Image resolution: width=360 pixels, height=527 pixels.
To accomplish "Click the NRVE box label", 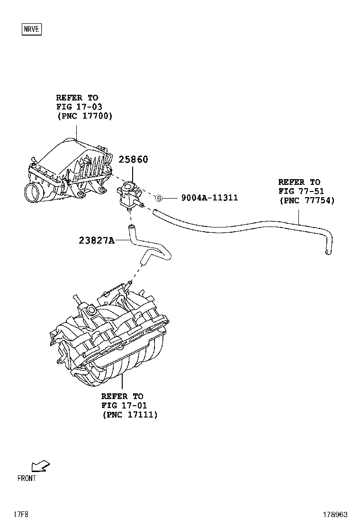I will [32, 29].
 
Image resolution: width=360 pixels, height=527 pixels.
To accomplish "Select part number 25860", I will [133, 160].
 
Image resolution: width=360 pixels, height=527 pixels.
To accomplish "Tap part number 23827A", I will [97, 240].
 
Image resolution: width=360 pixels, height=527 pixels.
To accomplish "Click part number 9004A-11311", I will [209, 198].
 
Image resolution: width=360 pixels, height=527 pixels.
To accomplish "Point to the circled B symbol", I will [160, 198].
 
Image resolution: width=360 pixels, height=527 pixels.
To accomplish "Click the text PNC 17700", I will [85, 116].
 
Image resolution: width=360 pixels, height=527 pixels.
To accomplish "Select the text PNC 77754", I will [307, 200].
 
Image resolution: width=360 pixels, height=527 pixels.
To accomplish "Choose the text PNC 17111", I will [130, 415].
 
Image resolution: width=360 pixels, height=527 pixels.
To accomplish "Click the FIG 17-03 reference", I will [79, 107].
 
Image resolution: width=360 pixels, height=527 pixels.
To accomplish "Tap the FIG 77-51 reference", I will [301, 191].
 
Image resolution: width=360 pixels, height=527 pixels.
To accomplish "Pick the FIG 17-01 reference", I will [124, 406].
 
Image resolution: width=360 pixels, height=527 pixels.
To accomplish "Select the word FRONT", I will [27, 479].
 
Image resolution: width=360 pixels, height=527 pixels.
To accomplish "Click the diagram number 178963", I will [335, 515].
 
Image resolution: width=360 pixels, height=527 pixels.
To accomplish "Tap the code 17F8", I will [21, 515].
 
